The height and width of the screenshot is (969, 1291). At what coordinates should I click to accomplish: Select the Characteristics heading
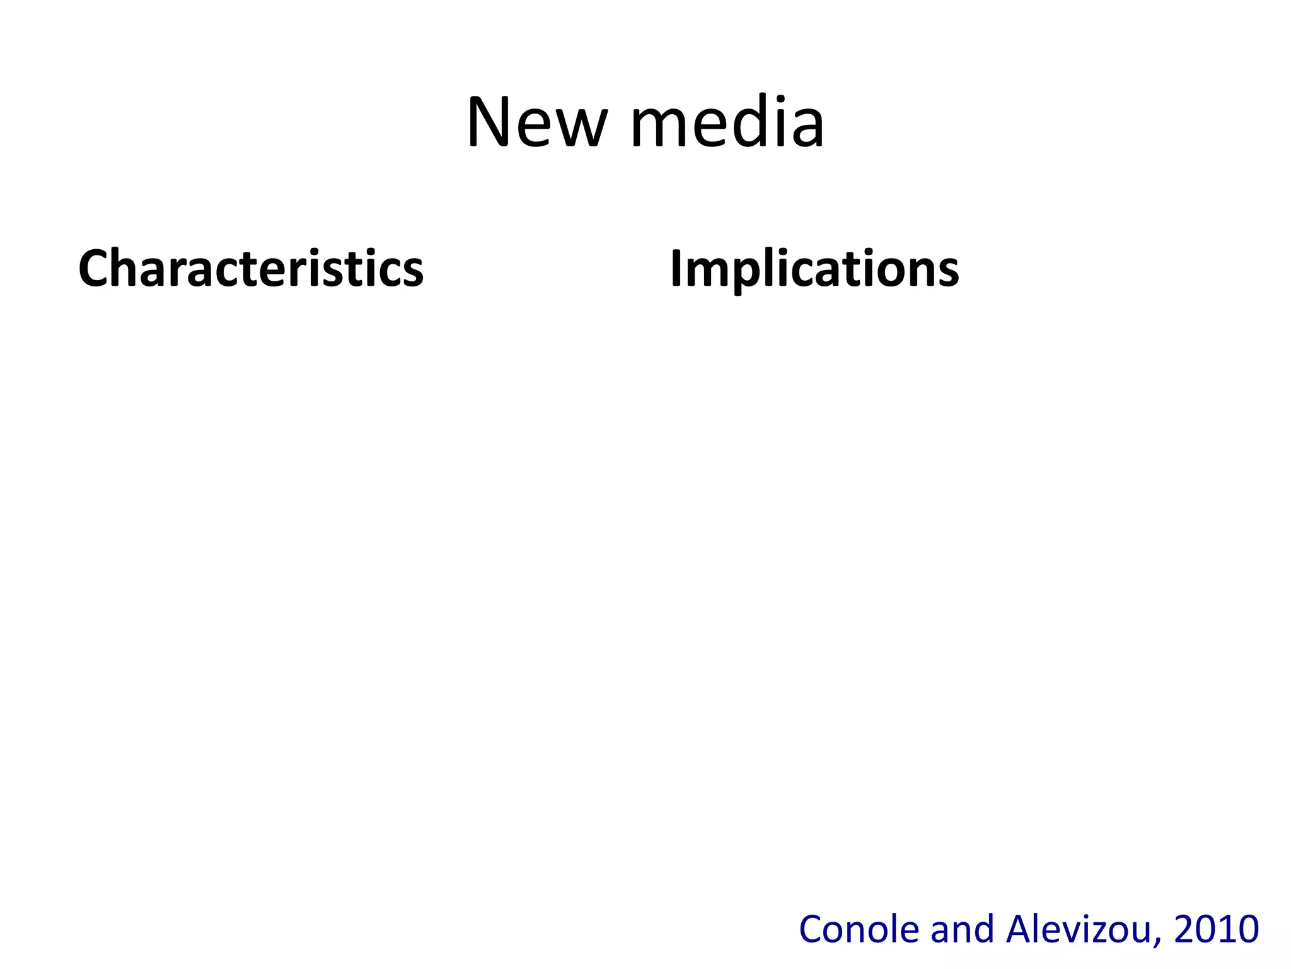[251, 269]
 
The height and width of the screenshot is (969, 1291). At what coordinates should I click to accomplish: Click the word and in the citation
[963, 929]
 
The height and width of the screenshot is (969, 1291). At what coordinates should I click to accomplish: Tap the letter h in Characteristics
[125, 267]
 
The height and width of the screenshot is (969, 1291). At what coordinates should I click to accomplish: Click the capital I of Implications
[676, 269]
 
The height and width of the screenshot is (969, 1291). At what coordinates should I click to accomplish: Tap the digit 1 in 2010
[1225, 929]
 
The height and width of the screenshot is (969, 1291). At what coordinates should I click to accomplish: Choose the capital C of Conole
[811, 929]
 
